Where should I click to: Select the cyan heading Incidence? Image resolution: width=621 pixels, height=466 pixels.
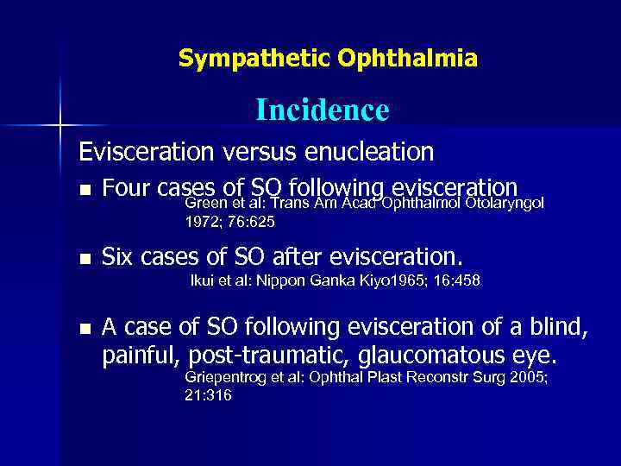[x=322, y=110]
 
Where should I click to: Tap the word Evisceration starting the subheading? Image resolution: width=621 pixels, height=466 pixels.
[x=146, y=153]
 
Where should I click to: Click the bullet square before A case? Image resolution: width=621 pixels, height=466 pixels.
[x=84, y=328]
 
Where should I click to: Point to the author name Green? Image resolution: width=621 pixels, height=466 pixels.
[x=205, y=204]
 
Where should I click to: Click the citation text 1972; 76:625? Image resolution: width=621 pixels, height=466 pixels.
[x=230, y=222]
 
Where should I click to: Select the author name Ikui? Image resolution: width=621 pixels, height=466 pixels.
[x=204, y=280]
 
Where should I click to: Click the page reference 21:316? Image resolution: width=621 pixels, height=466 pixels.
[x=208, y=395]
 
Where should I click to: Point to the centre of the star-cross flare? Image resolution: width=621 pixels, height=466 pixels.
[x=60, y=126]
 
